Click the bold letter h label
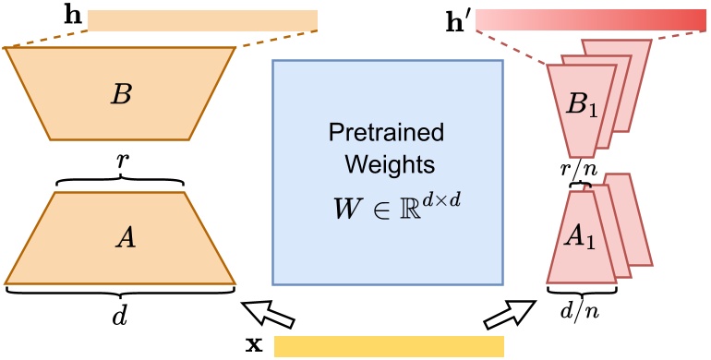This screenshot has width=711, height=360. tap(71, 17)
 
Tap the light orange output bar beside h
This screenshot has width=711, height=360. tap(202, 19)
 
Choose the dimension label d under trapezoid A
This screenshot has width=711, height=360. tap(120, 315)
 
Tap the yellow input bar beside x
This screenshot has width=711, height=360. tap(389, 346)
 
